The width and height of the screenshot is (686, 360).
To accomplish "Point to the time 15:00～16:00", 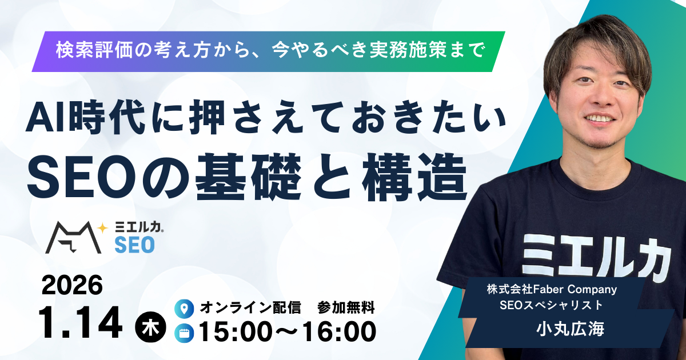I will (287, 332).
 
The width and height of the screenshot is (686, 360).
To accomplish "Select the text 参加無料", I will (346, 309).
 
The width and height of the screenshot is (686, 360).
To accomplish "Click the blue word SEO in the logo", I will (134, 245).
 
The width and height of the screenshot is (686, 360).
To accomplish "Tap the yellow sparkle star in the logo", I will (103, 227).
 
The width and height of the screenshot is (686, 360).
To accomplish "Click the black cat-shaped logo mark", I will (71, 237).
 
